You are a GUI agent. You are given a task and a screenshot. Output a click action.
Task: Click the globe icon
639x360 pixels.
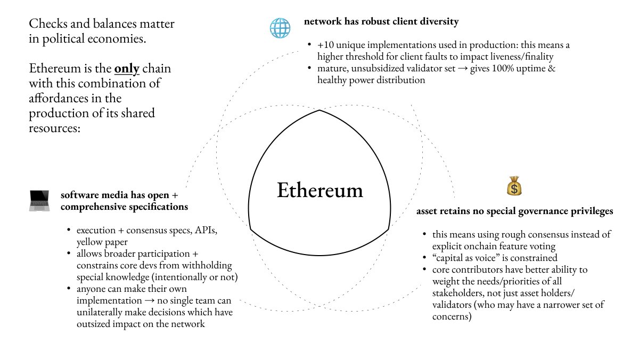(280, 28)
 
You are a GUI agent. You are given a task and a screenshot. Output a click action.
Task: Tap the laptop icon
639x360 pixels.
(39, 201)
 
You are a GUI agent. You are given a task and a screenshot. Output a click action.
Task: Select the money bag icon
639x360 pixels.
(514, 186)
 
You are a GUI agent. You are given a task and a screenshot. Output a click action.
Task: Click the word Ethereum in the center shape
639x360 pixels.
(319, 191)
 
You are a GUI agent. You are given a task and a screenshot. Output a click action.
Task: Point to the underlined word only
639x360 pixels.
(127, 69)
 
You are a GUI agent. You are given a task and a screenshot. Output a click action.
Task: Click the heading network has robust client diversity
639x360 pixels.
(381, 22)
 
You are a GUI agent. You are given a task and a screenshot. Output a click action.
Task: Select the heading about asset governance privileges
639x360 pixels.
(514, 211)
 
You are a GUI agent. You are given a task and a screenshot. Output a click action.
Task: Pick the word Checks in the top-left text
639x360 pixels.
(46, 24)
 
